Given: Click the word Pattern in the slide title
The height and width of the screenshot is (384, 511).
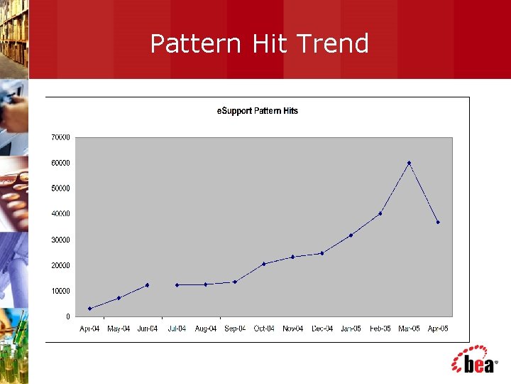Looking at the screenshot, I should (x=197, y=44).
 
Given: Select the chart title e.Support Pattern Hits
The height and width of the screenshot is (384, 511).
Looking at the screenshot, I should (x=257, y=111).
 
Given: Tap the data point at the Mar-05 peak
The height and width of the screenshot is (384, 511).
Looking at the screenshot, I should (x=409, y=163).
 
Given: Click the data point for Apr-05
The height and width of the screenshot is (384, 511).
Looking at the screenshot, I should (x=438, y=222).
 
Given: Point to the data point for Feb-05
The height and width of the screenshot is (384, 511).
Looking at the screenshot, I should (x=380, y=213).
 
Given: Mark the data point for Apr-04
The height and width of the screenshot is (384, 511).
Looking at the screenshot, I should (x=89, y=309).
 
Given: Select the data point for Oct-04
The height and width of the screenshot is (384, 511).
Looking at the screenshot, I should (x=263, y=264).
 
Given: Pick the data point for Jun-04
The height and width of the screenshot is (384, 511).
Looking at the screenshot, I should (x=147, y=285).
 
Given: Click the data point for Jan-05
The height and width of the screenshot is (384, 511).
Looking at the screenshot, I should (x=351, y=235).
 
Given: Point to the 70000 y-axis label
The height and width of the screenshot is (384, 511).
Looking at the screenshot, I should (x=60, y=137).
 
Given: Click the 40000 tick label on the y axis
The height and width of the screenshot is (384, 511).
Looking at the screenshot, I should (x=60, y=214).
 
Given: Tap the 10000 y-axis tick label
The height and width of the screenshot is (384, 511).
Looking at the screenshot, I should (x=60, y=291).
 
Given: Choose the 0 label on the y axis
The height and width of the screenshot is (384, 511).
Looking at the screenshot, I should (x=67, y=316).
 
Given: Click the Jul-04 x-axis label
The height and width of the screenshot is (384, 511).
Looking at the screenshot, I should (x=177, y=329).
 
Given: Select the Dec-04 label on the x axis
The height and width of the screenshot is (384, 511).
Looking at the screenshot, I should (x=322, y=329).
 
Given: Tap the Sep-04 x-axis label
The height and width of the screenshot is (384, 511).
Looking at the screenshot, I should (x=235, y=329).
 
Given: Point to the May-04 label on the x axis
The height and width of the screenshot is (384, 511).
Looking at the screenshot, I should (x=119, y=329).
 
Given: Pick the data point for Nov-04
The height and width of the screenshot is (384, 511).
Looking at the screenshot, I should (x=292, y=257).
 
